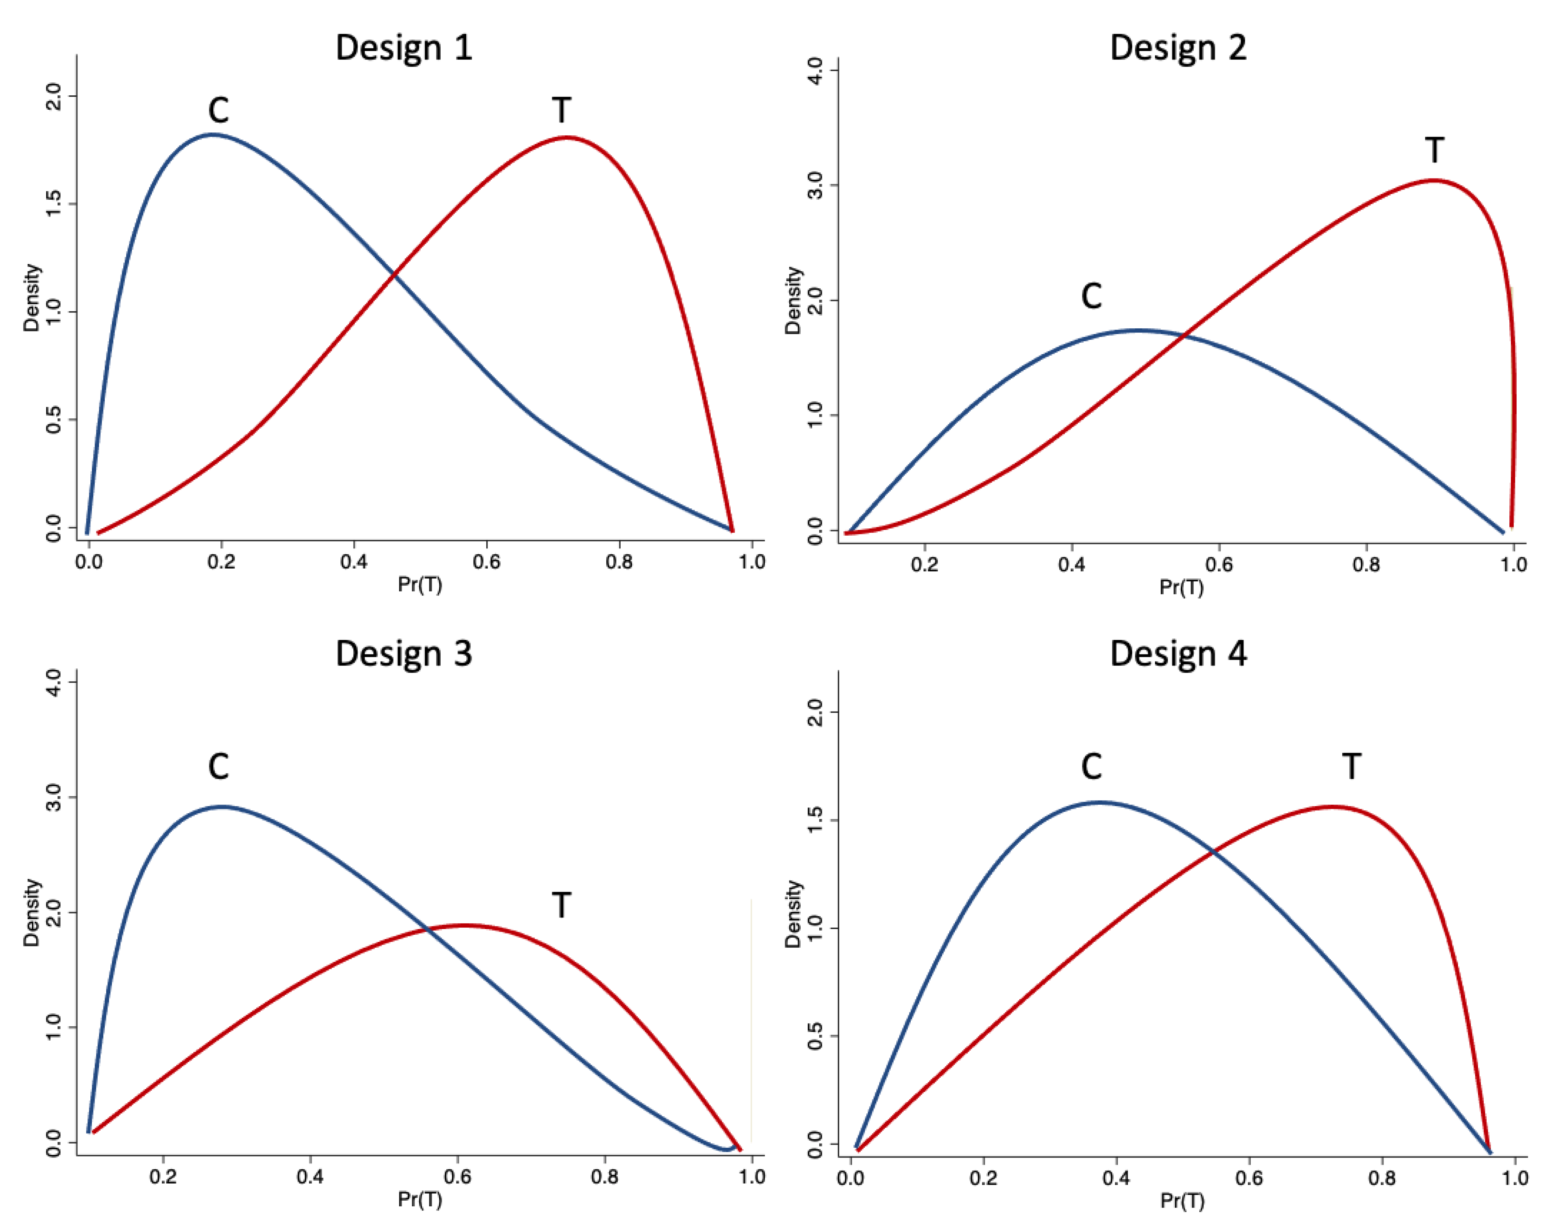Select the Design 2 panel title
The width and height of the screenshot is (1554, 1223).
[x=1178, y=48]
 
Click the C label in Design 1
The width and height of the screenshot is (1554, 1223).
[x=218, y=110]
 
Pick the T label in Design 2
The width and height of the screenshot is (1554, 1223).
[x=1434, y=151]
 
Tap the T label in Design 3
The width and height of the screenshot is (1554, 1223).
[x=562, y=905]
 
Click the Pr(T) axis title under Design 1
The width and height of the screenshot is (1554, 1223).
[x=420, y=585]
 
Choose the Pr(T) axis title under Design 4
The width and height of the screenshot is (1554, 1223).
[x=1182, y=1201]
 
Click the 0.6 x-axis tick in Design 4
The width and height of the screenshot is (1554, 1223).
[x=1249, y=1177]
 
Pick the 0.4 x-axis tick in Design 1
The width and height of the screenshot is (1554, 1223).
[x=354, y=561]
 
